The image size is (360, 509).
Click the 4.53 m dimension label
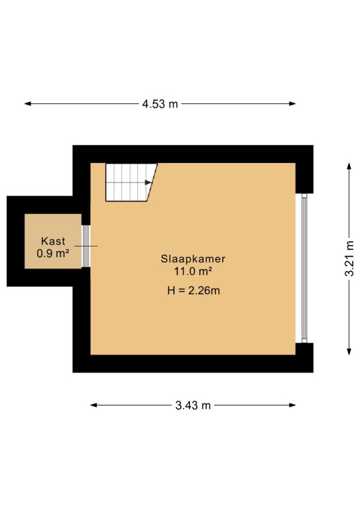pyautogui.click(x=160, y=104)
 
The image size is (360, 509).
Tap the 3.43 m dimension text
pyautogui.click(x=193, y=405)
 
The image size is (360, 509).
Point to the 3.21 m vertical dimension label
pyautogui.click(x=349, y=258)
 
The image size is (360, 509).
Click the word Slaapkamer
pyautogui.click(x=193, y=258)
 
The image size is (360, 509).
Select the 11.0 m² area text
pyautogui.click(x=193, y=271)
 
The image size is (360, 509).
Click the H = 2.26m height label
pyautogui.click(x=194, y=290)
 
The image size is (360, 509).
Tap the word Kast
pyautogui.click(x=53, y=241)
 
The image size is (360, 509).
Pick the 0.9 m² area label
pyautogui.click(x=53, y=253)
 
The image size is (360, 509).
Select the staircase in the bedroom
pyautogui.click(x=131, y=182)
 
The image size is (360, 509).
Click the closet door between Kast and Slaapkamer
pyautogui.click(x=86, y=246)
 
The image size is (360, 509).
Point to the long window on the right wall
pyautogui.click(x=304, y=268)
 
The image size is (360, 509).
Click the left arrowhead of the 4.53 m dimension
pyautogui.click(x=28, y=104)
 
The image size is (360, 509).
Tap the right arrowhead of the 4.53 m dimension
pyautogui.click(x=292, y=104)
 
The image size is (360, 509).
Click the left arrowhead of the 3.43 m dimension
pyautogui.click(x=94, y=405)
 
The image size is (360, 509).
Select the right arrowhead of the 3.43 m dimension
pyautogui.click(x=292, y=405)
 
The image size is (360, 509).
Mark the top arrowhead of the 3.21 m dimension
pyautogui.click(x=349, y=166)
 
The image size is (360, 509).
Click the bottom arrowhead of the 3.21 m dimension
pyautogui.click(x=349, y=351)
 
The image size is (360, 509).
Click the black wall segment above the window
pyautogui.click(x=304, y=178)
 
